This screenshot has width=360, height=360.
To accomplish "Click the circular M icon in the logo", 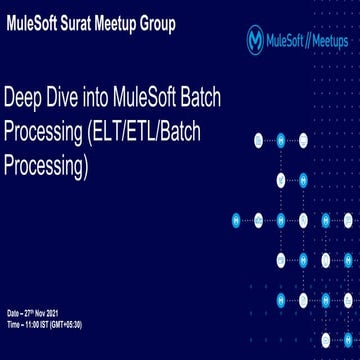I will pos(258,40).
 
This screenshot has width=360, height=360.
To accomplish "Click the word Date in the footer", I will pos(13,315).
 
